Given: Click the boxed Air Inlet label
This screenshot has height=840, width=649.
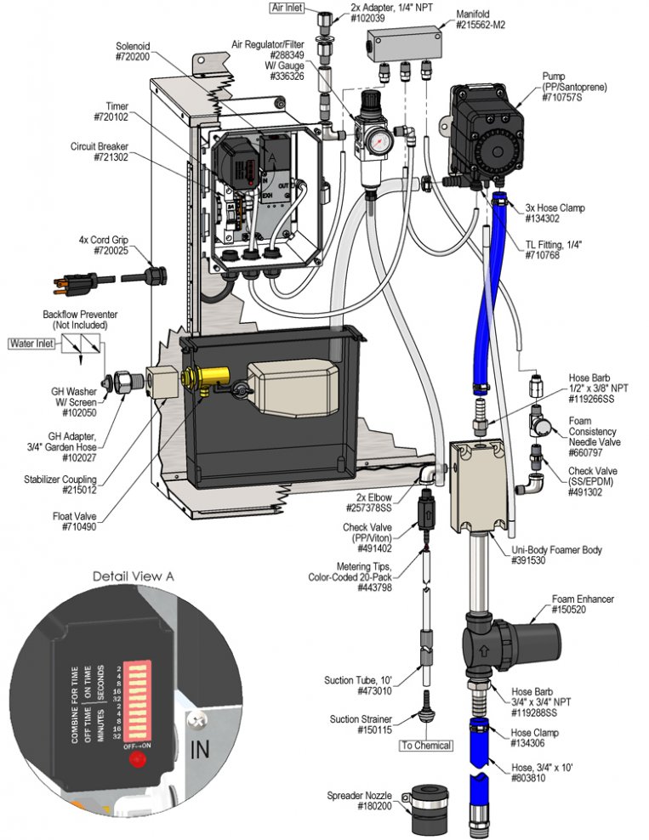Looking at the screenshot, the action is [x=287, y=8].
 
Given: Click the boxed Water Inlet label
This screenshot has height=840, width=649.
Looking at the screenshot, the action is [x=32, y=343].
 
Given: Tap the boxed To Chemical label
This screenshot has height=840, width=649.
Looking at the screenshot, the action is [x=426, y=745].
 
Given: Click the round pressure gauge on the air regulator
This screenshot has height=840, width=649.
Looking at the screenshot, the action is [x=379, y=142].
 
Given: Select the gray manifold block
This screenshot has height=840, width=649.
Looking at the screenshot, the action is [x=405, y=44].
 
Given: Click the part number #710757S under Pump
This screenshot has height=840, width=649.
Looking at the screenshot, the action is [x=561, y=98].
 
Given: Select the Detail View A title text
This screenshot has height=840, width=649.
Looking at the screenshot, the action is [x=134, y=576].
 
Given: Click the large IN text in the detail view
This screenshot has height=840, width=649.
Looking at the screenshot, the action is [x=200, y=749].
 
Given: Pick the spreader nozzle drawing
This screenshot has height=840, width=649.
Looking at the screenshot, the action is [x=427, y=807].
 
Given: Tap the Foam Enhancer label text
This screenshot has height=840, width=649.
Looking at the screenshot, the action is [x=584, y=599].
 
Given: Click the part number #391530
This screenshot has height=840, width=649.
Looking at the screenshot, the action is [x=528, y=560].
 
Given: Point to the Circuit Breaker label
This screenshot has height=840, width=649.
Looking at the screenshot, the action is [x=100, y=146].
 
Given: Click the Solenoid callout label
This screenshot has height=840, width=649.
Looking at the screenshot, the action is [x=133, y=46].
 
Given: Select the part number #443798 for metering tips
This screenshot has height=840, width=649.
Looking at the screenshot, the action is [x=374, y=587].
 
